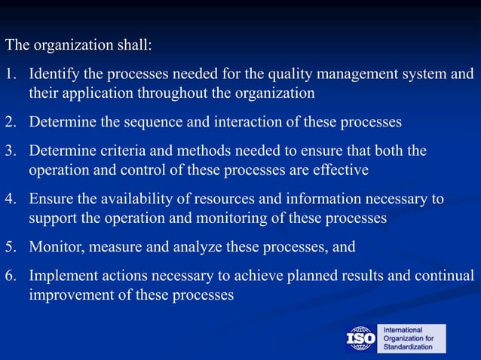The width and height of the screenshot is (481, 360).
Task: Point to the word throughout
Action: [x=167, y=93]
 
